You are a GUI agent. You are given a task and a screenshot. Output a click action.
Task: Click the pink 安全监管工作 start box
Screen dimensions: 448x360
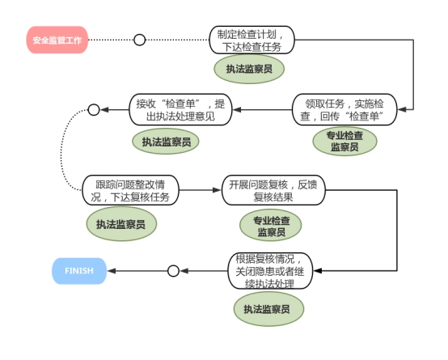click(x=57, y=40)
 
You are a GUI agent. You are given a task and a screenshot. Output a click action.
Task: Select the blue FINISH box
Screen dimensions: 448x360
click(x=79, y=271)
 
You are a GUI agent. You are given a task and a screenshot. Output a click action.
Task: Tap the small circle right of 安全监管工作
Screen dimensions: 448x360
click(x=139, y=40)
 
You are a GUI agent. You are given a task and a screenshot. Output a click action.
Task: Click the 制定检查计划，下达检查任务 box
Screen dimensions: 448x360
click(x=251, y=40)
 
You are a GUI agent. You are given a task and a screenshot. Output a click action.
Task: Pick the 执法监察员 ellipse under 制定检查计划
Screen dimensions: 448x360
click(x=249, y=69)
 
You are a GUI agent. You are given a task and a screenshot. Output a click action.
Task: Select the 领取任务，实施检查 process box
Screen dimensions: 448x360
click(x=344, y=109)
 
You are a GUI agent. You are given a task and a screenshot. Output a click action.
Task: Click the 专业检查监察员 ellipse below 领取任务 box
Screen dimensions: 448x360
click(x=344, y=142)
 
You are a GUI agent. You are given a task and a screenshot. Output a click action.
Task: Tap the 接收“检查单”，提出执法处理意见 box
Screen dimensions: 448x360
click(x=180, y=109)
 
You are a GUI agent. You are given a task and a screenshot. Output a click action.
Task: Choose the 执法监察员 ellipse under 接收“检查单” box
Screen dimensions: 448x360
click(x=166, y=142)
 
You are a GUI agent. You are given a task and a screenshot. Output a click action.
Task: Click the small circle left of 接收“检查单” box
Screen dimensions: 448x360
click(x=94, y=109)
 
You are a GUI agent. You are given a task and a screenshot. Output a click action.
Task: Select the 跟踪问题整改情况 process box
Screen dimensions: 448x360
click(x=130, y=190)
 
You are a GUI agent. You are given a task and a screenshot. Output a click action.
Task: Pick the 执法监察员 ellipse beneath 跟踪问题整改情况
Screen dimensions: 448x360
click(x=121, y=224)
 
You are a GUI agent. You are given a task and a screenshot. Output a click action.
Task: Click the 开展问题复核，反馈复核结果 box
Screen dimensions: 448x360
click(x=273, y=190)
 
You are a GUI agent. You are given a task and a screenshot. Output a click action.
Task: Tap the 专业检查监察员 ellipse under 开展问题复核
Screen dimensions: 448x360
click(x=271, y=226)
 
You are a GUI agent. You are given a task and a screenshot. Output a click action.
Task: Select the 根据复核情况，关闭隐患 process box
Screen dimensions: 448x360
click(x=270, y=271)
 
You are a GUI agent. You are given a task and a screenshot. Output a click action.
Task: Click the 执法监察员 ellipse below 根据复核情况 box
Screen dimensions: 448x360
click(x=268, y=309)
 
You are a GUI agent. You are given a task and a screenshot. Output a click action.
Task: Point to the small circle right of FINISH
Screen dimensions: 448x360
click(x=173, y=271)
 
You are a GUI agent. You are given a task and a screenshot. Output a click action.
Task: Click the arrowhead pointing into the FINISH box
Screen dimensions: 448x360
click(x=111, y=271)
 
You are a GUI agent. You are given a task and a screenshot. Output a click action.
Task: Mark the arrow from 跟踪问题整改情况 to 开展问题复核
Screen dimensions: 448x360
click(x=201, y=190)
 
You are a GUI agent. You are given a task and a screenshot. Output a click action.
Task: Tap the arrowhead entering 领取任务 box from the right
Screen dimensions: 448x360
click(x=402, y=109)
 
